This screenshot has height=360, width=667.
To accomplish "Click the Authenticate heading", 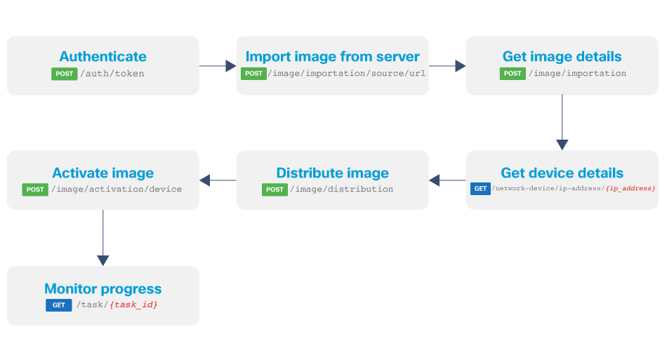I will click(x=103, y=57).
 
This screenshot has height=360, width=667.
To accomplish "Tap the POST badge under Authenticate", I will click(x=64, y=74).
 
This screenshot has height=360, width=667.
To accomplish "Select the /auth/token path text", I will click(x=112, y=74).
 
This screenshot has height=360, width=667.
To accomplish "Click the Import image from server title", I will click(x=332, y=57).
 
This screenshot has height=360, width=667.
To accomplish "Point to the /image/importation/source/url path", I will click(x=348, y=74).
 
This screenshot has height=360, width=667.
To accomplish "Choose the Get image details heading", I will click(x=562, y=57).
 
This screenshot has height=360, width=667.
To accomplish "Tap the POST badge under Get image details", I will click(x=513, y=74).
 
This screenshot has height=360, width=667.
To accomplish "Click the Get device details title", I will click(x=562, y=173).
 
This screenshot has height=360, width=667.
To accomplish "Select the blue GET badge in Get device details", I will click(x=480, y=189).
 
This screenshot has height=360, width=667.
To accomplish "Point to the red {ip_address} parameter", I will click(x=630, y=189).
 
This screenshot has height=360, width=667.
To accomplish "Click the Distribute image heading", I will click(x=332, y=173).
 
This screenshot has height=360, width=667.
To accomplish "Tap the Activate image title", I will click(x=103, y=173).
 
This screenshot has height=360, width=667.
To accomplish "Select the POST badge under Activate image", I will click(x=35, y=189).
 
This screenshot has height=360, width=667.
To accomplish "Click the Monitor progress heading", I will click(x=103, y=288).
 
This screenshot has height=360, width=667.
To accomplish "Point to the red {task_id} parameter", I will click(x=133, y=305).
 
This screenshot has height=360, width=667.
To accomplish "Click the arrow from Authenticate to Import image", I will click(x=218, y=66).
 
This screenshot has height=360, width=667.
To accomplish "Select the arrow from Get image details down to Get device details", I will click(x=562, y=123).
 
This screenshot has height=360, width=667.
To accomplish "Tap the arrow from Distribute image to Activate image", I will click(x=218, y=180).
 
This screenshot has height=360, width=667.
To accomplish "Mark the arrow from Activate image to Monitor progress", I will click(x=103, y=239).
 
